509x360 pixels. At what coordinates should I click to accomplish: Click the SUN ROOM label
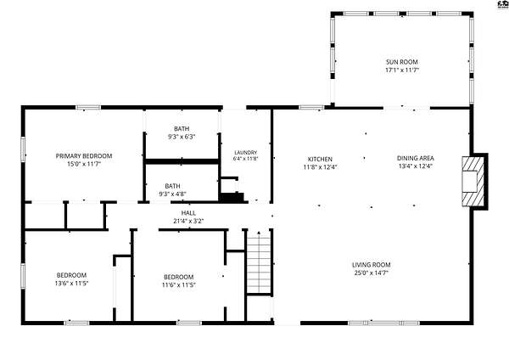tap(401, 62)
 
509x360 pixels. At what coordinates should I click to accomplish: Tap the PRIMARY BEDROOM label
tap(84, 156)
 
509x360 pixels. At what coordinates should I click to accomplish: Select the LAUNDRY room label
tap(246, 152)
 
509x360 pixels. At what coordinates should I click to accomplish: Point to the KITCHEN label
tap(320, 160)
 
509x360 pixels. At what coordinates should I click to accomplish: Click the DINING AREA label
tap(416, 158)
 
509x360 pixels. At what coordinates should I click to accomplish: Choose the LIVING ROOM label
tap(371, 265)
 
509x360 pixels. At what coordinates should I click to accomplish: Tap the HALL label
tap(188, 213)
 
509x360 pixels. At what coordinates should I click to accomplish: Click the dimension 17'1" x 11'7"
tap(402, 70)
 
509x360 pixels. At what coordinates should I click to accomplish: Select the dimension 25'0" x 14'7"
tap(371, 273)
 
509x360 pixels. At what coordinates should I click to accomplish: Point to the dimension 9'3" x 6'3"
tap(182, 137)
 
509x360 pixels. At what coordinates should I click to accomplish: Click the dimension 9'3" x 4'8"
tap(172, 194)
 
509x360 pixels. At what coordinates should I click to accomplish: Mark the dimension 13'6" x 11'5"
tap(71, 284)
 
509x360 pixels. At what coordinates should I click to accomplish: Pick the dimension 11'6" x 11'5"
tap(178, 285)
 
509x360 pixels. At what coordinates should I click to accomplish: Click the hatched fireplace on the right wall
tap(473, 182)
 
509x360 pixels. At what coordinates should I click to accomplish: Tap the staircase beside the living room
tap(259, 265)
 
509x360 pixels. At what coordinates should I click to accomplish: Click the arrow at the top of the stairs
tap(259, 233)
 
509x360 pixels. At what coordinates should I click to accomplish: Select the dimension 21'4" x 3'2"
tap(188, 222)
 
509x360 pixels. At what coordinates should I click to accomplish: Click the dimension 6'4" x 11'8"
tap(246, 159)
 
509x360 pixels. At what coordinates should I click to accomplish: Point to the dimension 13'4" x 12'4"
tap(416, 166)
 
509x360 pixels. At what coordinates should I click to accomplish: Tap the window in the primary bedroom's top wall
tap(88, 108)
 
